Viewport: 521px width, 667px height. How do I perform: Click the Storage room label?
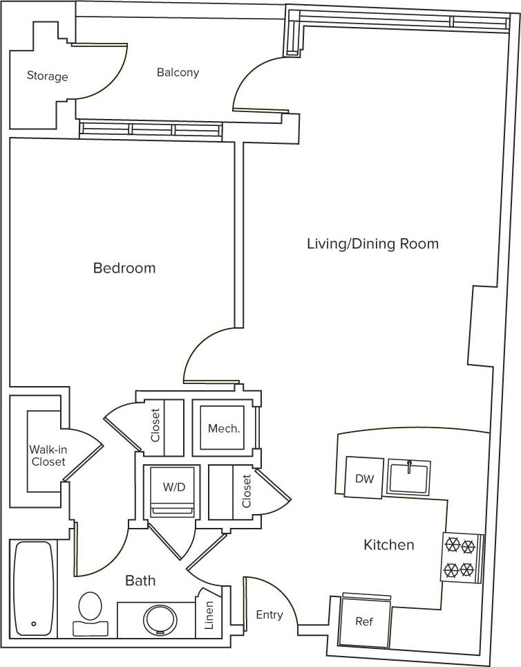47,76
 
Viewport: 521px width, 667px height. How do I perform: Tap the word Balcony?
178,73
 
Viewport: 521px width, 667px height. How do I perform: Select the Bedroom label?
124,268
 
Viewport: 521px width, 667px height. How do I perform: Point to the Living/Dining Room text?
372,244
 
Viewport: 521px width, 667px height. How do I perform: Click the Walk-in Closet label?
48,455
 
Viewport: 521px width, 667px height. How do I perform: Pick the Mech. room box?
224,428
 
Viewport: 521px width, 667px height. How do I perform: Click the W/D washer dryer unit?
174,491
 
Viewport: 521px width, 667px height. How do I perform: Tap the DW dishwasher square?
363,478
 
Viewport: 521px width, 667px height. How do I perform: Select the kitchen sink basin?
409,477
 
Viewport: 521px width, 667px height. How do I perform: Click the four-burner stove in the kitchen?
461,558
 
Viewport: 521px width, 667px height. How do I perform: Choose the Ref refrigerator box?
364,621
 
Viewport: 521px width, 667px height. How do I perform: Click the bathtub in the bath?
34,588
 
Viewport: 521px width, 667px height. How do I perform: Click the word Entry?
269,614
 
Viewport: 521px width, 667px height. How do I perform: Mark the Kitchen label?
389,545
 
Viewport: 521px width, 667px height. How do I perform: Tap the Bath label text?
140,581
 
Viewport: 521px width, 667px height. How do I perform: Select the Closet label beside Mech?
155,426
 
